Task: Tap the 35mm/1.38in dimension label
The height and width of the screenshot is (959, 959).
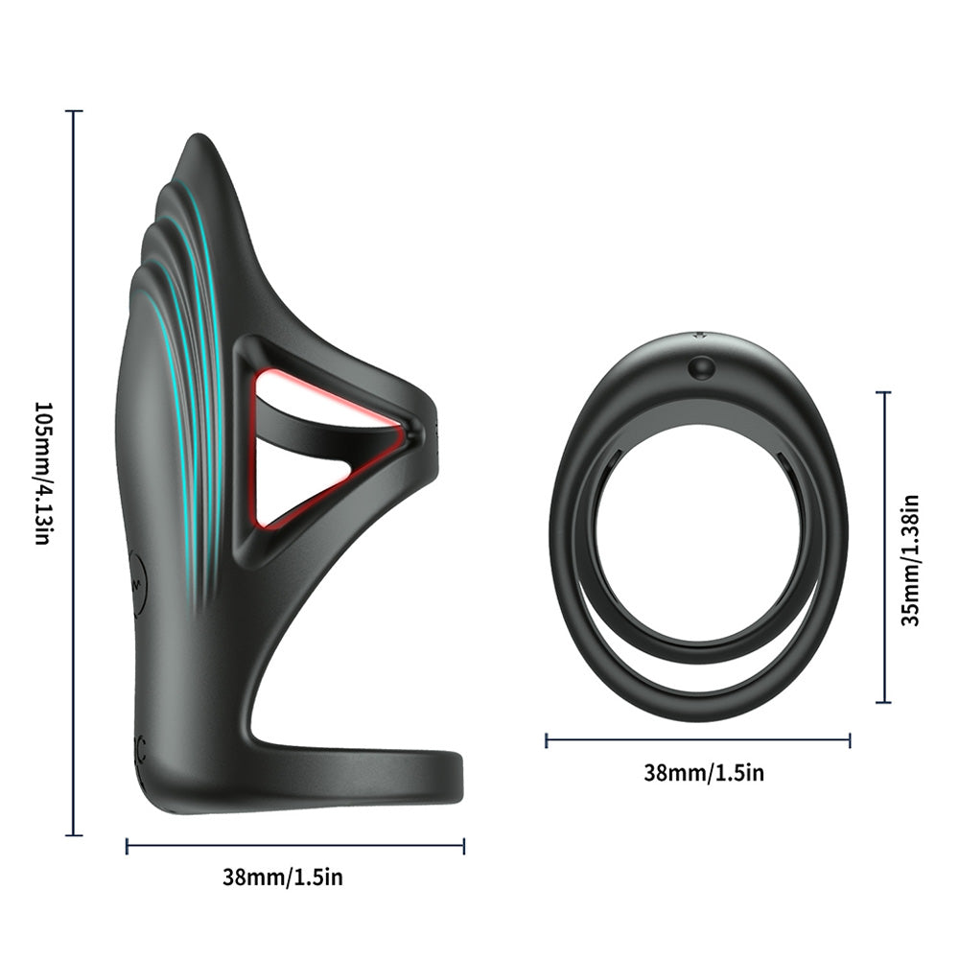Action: tap(911, 560)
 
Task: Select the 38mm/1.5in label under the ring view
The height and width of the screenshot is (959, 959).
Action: tap(704, 772)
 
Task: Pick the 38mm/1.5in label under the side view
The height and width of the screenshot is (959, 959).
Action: tap(283, 877)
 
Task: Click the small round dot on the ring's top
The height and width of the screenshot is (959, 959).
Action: tap(700, 367)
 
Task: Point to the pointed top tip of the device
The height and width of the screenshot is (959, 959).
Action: tap(197, 136)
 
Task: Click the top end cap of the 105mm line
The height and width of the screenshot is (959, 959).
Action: tap(74, 111)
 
